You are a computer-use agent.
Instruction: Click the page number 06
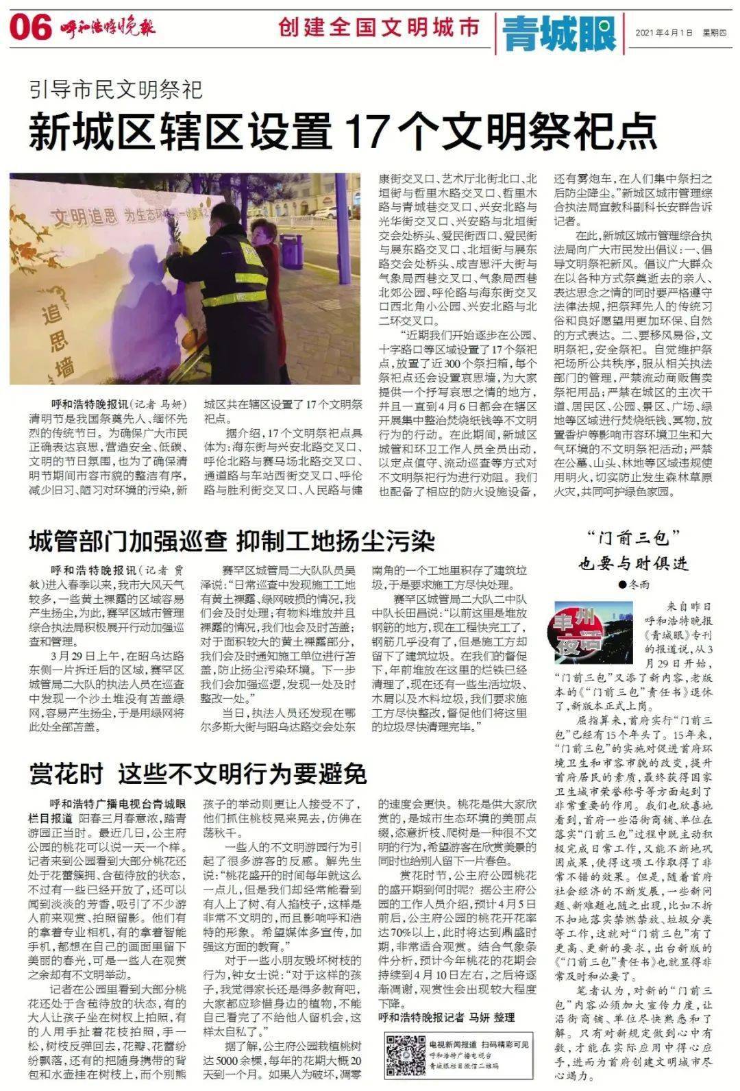[x=32, y=29]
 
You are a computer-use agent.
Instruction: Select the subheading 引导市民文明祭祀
[x=116, y=89]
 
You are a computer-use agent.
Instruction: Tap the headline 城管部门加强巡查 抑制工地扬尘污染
[x=232, y=541]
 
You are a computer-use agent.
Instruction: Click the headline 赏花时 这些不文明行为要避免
[x=197, y=774]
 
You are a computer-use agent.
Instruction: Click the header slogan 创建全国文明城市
[x=380, y=28]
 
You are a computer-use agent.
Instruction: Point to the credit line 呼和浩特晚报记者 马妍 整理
[x=446, y=1017]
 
